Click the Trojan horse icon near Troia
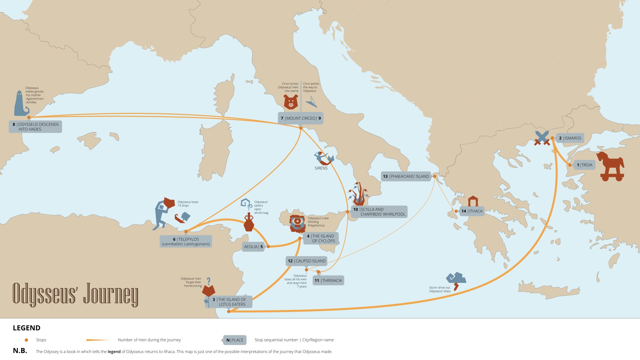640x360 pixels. click(x=611, y=166)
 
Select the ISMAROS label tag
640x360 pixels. click(x=570, y=138)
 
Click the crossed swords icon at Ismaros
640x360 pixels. click(x=542, y=138)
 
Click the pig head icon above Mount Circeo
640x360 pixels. click(x=291, y=102)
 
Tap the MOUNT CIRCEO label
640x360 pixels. click(x=300, y=118)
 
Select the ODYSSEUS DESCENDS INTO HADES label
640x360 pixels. click(x=36, y=127)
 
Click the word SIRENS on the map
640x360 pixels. click(x=321, y=168)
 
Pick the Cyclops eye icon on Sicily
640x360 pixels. click(x=298, y=222)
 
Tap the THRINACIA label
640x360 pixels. click(x=328, y=281)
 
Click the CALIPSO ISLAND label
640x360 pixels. click(x=307, y=261)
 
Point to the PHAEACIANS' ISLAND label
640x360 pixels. click(x=406, y=176)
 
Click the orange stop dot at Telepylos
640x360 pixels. click(x=186, y=231)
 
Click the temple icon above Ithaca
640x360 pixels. click(x=473, y=201)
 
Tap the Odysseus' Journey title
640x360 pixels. click(x=75, y=294)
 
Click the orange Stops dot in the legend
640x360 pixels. click(x=27, y=340)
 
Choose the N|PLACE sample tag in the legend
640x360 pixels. click(x=235, y=340)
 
